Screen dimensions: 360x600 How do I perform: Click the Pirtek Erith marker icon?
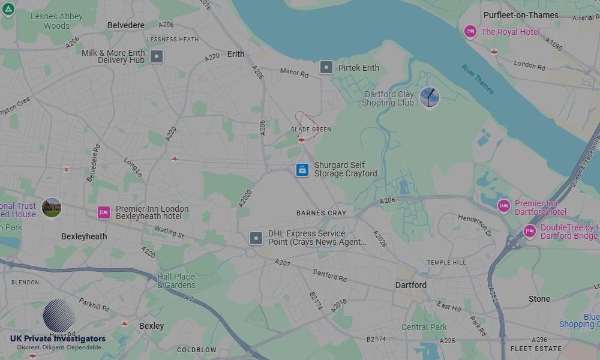click(326, 67)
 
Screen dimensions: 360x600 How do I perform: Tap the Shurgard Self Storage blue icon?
click(302, 170)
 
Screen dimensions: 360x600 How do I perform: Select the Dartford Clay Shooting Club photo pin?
click(429, 97)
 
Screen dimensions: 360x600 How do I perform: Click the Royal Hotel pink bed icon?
click(470, 32)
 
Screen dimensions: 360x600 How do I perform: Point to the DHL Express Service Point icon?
click(256, 238)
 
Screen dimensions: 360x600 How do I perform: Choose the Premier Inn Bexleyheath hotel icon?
click(104, 212)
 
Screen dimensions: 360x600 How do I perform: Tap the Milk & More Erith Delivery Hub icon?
click(157, 57)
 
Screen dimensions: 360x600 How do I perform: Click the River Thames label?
click(478, 79)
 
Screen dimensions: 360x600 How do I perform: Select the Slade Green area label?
click(311, 130)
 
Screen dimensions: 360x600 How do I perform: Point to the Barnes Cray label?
click(321, 213)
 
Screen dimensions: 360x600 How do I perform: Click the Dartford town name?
click(411, 285)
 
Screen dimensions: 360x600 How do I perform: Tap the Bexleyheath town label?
click(84, 236)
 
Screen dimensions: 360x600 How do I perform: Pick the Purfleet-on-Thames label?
click(521, 15)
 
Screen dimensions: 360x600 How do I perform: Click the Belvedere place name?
click(126, 25)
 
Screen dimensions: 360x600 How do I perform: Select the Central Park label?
click(424, 327)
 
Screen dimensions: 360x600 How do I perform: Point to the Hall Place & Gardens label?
click(176, 281)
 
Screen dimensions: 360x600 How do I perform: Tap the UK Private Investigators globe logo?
click(59, 316)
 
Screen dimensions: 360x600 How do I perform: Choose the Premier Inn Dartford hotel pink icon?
click(503, 206)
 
